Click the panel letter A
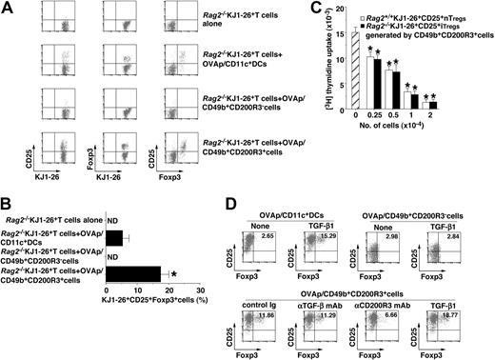[x=7, y=8]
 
